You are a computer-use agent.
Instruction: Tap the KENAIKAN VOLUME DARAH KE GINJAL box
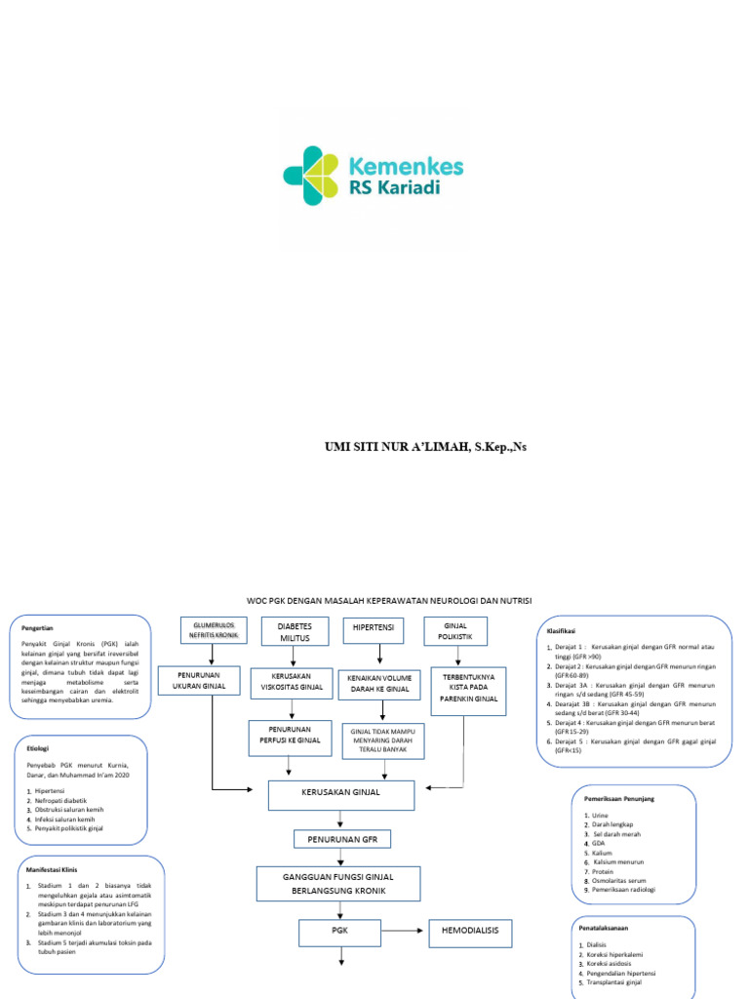[x=375, y=682]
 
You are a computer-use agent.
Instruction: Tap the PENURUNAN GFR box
[x=342, y=839]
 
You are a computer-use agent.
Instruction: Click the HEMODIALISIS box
[x=470, y=932]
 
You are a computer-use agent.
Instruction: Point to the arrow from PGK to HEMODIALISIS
[x=403, y=932]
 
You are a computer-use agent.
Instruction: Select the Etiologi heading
[x=38, y=748]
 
